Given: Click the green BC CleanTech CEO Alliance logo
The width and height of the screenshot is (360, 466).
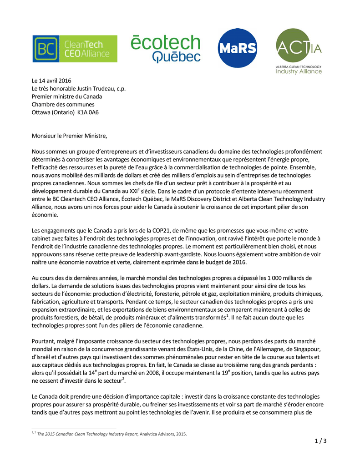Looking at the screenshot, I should coord(75,49).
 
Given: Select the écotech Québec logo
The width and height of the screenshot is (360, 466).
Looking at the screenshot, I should coord(165,49).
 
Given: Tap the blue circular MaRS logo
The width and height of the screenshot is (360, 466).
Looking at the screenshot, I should coord(237,48).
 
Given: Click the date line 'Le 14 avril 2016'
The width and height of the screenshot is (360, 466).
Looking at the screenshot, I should coord(51,81).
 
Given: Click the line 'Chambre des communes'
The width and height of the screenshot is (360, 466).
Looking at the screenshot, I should coord(63,104).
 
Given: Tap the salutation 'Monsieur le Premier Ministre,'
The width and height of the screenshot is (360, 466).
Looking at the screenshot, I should coord(69,136).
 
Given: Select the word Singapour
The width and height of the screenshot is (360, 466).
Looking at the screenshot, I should coord(308,349).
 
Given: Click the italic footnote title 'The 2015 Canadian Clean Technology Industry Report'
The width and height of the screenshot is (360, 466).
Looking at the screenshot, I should coord(88,434).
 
